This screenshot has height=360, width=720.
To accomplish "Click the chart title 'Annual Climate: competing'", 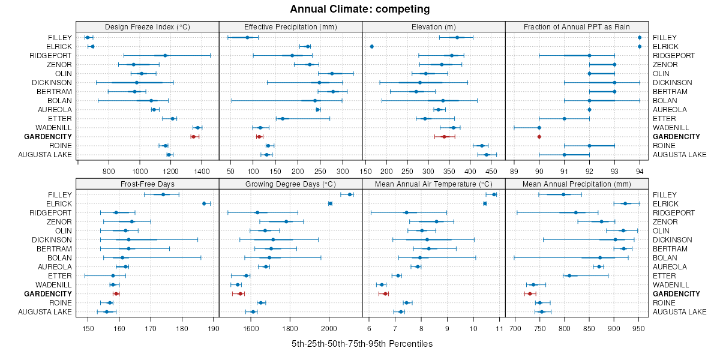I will [x=360, y=9].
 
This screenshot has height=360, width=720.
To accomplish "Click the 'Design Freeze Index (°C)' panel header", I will [x=147, y=26].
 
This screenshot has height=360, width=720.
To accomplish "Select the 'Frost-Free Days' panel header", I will [x=147, y=184].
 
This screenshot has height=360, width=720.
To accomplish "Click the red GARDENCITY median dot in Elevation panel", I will [x=444, y=137].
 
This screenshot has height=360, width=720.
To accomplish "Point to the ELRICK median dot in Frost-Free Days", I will [x=204, y=203].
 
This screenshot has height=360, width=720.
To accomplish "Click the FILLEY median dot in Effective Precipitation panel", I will [x=247, y=38].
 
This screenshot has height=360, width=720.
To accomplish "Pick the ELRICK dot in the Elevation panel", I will [x=372, y=47].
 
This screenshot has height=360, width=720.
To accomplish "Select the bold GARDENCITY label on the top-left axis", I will [x=47, y=137].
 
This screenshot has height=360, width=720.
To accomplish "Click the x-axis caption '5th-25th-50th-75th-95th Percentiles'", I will [x=362, y=344].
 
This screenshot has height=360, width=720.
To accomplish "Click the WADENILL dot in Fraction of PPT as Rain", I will [x=539, y=128].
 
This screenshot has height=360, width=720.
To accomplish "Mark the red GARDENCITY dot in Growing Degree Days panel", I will [x=240, y=294].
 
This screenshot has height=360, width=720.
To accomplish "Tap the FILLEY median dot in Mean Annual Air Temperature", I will [x=494, y=194].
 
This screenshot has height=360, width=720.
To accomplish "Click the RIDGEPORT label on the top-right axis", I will [x=673, y=56].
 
